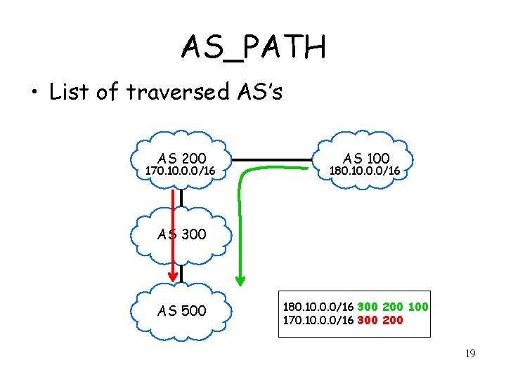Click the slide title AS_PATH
[x=253, y=48]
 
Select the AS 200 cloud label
[x=182, y=159]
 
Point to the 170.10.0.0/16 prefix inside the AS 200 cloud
[x=180, y=171]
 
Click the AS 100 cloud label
[x=365, y=159]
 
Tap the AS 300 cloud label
[x=182, y=234]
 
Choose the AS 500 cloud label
[x=182, y=310]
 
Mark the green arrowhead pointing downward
[x=240, y=280]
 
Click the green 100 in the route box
[x=417, y=307]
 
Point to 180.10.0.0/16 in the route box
[x=318, y=307]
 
